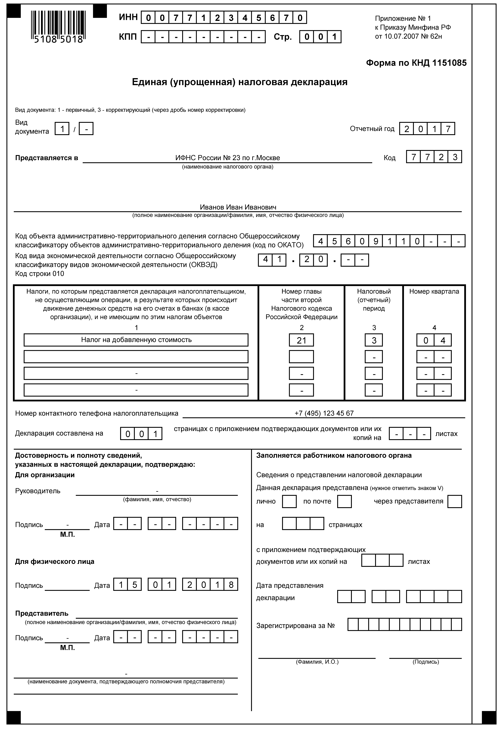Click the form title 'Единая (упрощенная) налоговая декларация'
[x=240, y=82]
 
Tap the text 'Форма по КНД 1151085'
[x=416, y=63]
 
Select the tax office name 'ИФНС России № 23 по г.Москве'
[x=228, y=158]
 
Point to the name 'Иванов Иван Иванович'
[x=238, y=207]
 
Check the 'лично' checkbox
[x=289, y=501]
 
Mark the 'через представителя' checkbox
[x=454, y=501]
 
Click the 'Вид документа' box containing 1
[x=62, y=129]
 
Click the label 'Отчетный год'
[x=372, y=129]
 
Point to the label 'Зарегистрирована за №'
[x=295, y=625]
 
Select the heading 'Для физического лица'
[x=54, y=561]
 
